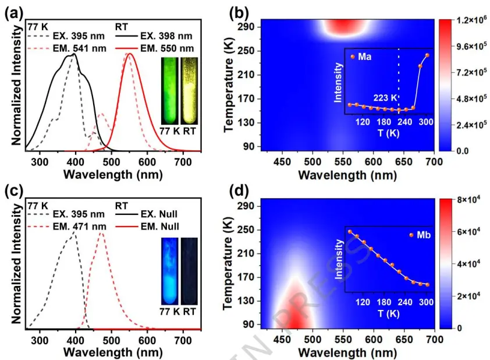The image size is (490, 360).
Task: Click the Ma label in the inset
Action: point(365,57)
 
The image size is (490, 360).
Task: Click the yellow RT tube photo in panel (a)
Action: point(189,90)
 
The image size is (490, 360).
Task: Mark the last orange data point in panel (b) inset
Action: point(427,55)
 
